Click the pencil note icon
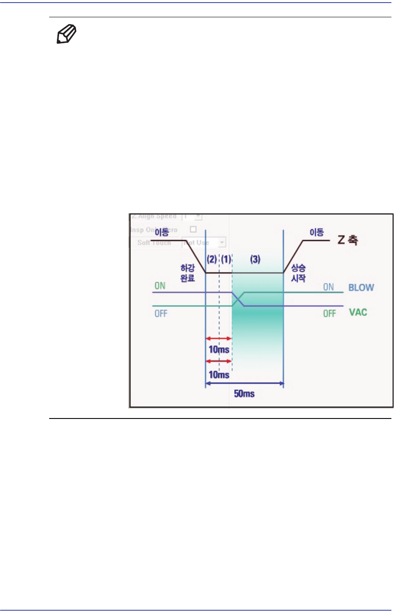(x=67, y=35)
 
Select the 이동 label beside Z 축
(x=316, y=232)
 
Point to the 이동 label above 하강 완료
(x=161, y=233)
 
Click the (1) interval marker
(x=226, y=260)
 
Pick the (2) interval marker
(x=212, y=260)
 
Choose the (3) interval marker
(x=255, y=260)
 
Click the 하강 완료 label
(x=188, y=273)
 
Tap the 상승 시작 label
(x=298, y=273)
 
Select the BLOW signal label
(x=361, y=288)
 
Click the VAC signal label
(x=358, y=312)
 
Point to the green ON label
(x=160, y=285)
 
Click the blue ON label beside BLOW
(x=328, y=287)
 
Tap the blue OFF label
(x=161, y=314)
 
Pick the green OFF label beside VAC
(x=329, y=313)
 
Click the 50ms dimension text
(x=244, y=394)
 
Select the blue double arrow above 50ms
(x=244, y=383)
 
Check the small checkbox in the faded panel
(x=193, y=229)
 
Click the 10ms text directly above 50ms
(x=219, y=374)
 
